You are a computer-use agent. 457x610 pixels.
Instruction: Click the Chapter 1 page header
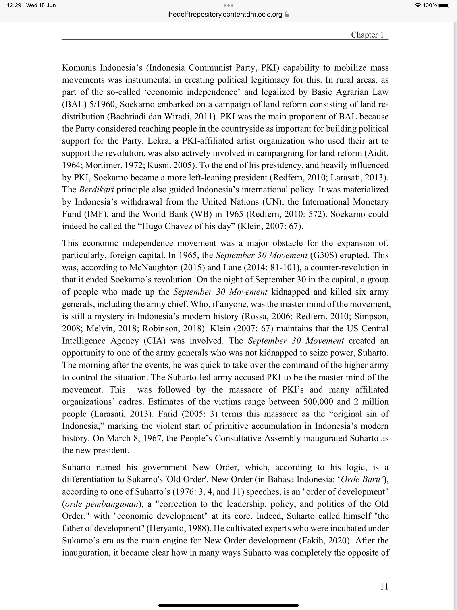click(367, 35)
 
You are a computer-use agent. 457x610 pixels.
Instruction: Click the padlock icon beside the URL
click(287, 14)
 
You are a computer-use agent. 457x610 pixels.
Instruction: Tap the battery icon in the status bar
click(444, 5)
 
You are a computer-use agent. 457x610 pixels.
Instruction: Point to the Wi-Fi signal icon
click(418, 5)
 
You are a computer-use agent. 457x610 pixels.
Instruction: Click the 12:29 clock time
click(14, 5)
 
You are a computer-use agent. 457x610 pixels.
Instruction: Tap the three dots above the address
click(228, 5)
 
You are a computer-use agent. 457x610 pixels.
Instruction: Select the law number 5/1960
click(102, 104)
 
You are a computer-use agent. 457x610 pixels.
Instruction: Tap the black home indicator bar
click(228, 605)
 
